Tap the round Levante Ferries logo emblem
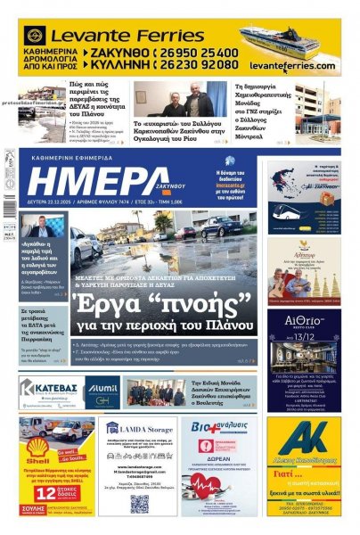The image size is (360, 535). pyautogui.click(x=36, y=36)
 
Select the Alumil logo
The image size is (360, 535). pyautogui.click(x=101, y=390)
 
